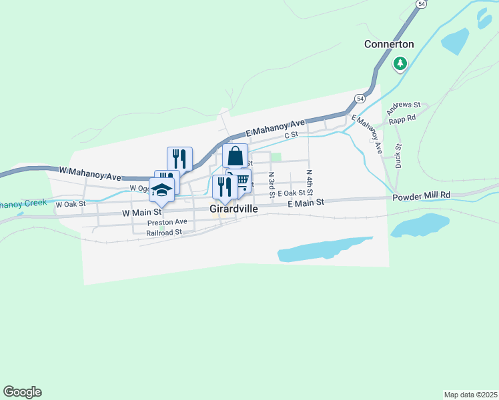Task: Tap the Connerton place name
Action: click(389, 44)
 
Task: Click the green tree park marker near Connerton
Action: click(400, 64)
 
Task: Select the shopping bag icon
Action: click(235, 157)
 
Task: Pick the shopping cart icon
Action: click(241, 181)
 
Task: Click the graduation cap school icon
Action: click(161, 190)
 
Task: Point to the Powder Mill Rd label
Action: click(422, 195)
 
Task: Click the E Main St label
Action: click(306, 202)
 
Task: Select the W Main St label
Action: click(142, 213)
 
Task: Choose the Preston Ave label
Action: click(167, 222)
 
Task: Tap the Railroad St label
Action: click(165, 232)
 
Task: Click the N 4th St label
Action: click(310, 181)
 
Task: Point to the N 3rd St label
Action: click(272, 185)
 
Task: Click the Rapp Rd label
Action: click(402, 117)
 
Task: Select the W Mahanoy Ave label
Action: click(89, 175)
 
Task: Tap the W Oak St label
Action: click(71, 204)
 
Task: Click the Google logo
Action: click(22, 392)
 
